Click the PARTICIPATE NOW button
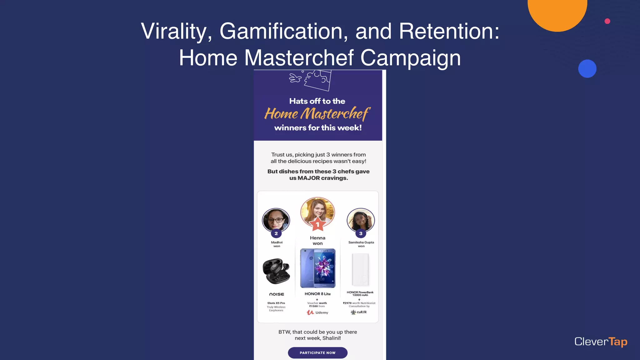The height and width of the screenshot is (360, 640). click(317, 353)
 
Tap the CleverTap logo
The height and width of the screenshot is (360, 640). click(601, 342)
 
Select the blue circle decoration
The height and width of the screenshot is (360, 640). click(587, 68)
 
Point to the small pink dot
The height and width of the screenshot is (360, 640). click(607, 21)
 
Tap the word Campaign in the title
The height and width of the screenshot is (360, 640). click(410, 58)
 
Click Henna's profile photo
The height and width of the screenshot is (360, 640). click(317, 211)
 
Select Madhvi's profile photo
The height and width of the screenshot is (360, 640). click(276, 219)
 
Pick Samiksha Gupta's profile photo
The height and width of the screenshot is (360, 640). click(361, 219)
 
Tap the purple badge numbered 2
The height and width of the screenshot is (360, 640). click(276, 233)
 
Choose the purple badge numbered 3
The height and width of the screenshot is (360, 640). click(361, 233)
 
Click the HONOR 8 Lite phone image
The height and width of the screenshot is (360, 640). click(317, 268)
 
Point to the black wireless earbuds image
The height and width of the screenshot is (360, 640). click(276, 271)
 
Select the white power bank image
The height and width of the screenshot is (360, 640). click(360, 269)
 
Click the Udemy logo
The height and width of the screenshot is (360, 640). click(317, 312)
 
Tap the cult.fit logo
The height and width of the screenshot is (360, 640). click(359, 312)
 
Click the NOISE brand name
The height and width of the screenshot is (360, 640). click(277, 294)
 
